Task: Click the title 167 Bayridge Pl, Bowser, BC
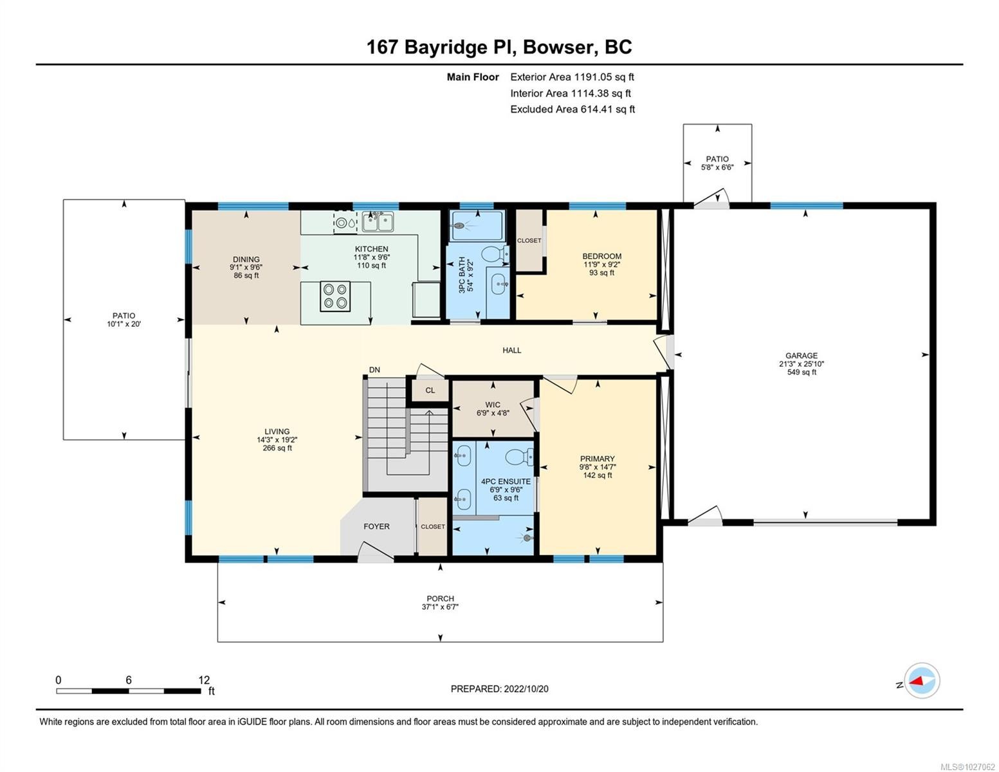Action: pyautogui.click(x=499, y=47)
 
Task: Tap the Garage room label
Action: pyautogui.click(x=801, y=356)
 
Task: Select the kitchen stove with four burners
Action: pyautogui.click(x=335, y=297)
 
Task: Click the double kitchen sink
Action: pyautogui.click(x=378, y=222)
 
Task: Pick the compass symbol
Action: pyautogui.click(x=922, y=681)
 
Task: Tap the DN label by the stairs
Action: pyautogui.click(x=374, y=370)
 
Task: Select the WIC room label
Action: pyautogui.click(x=493, y=405)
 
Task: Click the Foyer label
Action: pyautogui.click(x=376, y=526)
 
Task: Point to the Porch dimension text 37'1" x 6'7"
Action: pyautogui.click(x=440, y=607)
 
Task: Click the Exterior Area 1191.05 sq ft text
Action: pyautogui.click(x=572, y=77)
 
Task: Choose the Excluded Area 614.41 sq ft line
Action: pyautogui.click(x=573, y=109)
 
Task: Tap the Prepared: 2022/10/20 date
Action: pyautogui.click(x=499, y=689)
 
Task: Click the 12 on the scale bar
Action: pyautogui.click(x=204, y=680)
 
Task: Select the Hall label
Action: pyautogui.click(x=512, y=351)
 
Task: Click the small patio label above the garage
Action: pyautogui.click(x=717, y=159)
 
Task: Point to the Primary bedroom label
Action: pyautogui.click(x=597, y=459)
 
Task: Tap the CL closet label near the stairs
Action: pyautogui.click(x=430, y=391)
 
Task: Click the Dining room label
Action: pyautogui.click(x=246, y=260)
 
